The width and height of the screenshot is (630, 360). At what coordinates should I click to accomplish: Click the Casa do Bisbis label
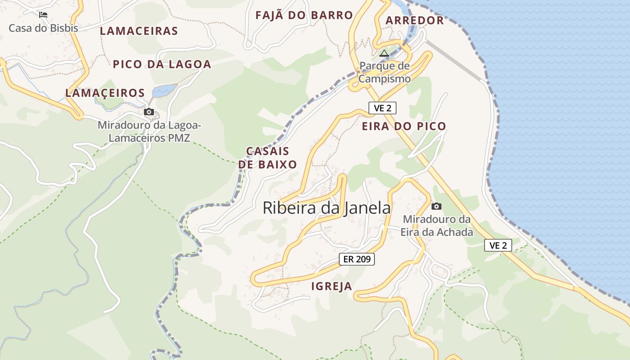pos(43,28)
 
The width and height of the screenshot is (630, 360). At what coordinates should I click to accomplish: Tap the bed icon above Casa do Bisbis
pos(43,15)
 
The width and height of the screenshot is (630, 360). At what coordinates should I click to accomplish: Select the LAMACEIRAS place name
pos(139,31)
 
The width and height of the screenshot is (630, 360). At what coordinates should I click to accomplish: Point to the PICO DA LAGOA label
pos(162,64)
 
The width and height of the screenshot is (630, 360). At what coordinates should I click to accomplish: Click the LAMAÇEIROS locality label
pos(105,93)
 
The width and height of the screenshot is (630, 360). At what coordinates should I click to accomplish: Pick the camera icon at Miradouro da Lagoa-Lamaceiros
pos(149,112)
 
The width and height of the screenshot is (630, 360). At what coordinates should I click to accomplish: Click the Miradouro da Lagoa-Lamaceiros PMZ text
pos(149,131)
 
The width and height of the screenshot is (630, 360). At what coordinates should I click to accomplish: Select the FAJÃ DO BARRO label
pos(304,15)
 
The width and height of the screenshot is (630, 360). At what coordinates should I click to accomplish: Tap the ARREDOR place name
pos(414,20)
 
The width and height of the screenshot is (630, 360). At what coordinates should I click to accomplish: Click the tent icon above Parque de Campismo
pos(384,54)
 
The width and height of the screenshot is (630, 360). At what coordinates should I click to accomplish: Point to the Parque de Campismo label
pos(385,72)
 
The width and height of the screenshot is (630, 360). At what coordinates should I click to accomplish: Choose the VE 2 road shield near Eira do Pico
pos(382,108)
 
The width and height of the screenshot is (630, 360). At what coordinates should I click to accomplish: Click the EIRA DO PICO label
pos(404,126)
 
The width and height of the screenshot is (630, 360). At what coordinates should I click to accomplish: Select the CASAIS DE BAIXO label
pos(268,157)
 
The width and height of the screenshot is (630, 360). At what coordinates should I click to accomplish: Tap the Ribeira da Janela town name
pos(327,208)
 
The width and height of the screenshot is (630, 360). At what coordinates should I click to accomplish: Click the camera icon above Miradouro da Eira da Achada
pos(436,207)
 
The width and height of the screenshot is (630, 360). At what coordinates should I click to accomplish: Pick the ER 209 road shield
pos(356,259)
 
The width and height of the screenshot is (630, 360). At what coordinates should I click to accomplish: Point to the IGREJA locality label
pos(332,286)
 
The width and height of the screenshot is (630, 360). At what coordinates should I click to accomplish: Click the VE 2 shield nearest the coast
pos(498,245)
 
